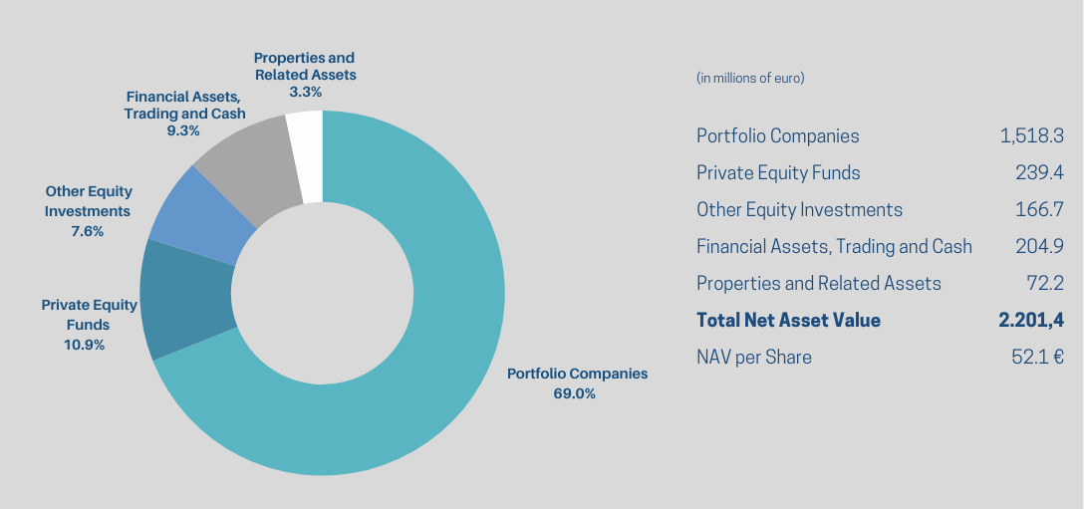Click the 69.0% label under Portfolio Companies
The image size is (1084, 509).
(x=575, y=393)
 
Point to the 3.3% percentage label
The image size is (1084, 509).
(x=305, y=92)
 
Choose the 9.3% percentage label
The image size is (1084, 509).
(x=183, y=130)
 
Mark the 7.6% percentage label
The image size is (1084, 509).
(x=88, y=231)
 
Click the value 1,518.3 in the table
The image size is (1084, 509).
(x=1031, y=135)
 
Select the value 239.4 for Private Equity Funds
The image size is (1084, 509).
(x=1038, y=172)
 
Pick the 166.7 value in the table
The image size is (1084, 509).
(x=1039, y=209)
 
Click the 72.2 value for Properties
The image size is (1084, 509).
(x=1045, y=283)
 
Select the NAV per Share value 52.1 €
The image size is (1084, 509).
(x=1037, y=357)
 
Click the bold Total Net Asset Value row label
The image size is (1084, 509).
(x=788, y=320)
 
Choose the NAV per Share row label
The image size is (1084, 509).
(x=753, y=357)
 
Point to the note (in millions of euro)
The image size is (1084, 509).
(x=750, y=78)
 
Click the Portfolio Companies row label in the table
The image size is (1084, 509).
(x=777, y=135)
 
